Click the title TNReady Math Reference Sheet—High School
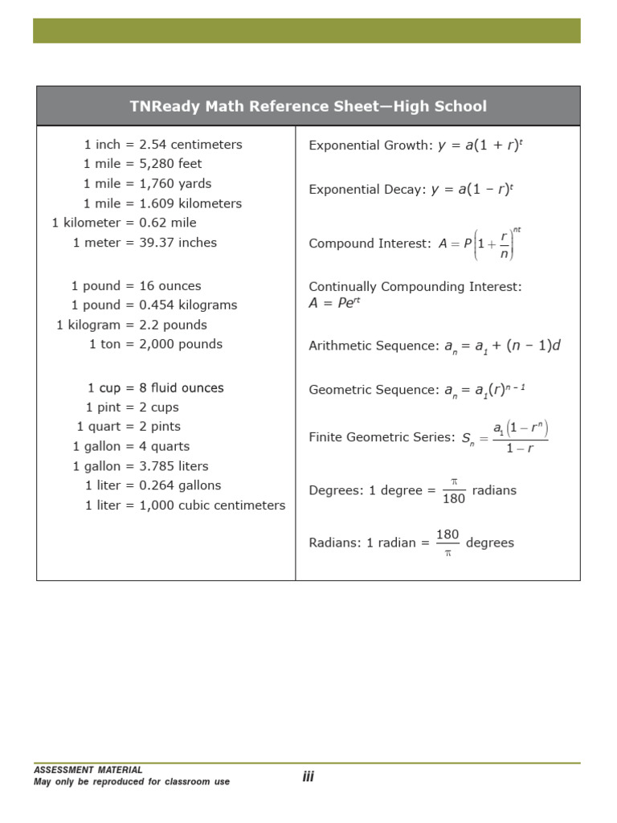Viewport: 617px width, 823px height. (308, 106)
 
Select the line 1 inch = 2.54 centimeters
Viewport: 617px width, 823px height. (163, 145)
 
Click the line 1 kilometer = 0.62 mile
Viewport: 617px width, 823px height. (124, 223)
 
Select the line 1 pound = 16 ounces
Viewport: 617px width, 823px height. (136, 286)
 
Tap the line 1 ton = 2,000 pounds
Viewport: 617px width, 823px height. (156, 344)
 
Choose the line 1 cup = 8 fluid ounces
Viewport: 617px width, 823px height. (156, 388)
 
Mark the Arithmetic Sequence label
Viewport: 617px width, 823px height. (374, 346)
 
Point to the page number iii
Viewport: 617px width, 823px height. (308, 776)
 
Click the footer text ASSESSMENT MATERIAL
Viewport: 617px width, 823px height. (88, 770)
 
